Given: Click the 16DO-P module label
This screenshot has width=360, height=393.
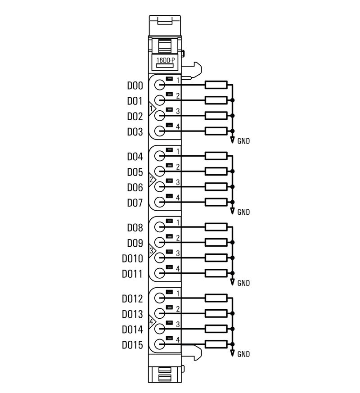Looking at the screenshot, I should click(165, 60).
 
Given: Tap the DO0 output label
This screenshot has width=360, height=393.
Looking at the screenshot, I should click(135, 86).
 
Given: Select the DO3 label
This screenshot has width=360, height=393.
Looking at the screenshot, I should click(135, 132).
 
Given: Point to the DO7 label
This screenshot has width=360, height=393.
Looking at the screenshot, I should click(135, 203).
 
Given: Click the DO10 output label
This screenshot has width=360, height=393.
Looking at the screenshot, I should click(132, 259).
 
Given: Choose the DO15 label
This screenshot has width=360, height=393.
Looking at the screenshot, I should click(132, 345).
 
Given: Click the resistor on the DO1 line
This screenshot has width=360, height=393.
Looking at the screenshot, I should click(216, 100).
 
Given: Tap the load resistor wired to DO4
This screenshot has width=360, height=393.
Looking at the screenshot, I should click(216, 156).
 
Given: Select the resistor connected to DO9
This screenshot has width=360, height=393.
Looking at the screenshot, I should click(216, 242).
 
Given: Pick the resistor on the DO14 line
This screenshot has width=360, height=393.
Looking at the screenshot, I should click(216, 329).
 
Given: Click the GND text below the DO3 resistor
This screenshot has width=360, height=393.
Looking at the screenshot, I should click(243, 141).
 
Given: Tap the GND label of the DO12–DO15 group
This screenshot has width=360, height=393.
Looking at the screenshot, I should click(243, 354).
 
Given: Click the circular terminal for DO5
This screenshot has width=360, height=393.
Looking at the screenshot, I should click(160, 171).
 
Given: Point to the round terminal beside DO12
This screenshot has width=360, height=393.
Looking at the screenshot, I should click(160, 298).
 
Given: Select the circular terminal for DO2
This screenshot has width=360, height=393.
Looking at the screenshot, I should click(160, 115).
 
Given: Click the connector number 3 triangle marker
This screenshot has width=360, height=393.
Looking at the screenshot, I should click(152, 251).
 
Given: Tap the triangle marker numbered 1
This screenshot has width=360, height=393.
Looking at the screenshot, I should click(152, 108).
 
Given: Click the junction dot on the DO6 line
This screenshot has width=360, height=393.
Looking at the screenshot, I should click(232, 186).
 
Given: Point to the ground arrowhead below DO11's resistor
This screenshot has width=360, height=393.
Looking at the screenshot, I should click(232, 282).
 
